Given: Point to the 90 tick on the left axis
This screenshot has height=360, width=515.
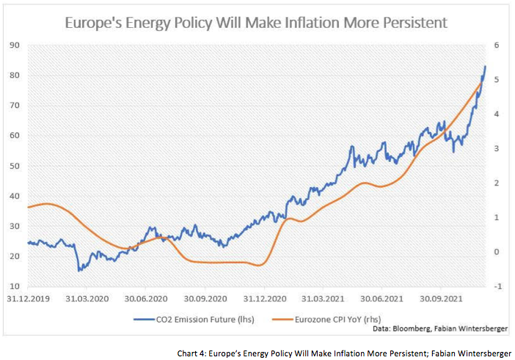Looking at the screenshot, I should point(15,45).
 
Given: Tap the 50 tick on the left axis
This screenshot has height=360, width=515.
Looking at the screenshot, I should point(15,166).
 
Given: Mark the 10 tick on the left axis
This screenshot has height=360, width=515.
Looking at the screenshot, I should point(15,286).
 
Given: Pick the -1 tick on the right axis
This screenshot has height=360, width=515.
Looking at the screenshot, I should point(497,286).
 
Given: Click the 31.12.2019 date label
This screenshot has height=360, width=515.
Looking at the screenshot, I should point(27,299).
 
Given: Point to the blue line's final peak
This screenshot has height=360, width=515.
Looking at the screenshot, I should point(485,67).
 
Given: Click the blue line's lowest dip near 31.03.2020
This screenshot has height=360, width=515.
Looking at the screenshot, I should point(79,271).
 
